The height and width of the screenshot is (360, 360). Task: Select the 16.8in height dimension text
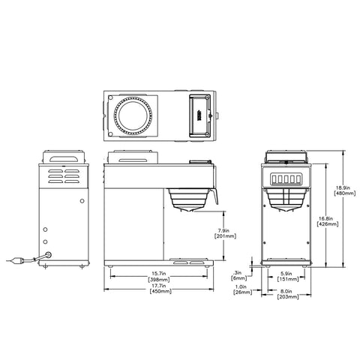[x=326, y=216]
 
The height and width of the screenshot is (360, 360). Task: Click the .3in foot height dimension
[x=238, y=272]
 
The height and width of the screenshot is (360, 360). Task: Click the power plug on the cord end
[x=13, y=262]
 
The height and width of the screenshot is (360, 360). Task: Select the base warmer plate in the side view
[x=187, y=260]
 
